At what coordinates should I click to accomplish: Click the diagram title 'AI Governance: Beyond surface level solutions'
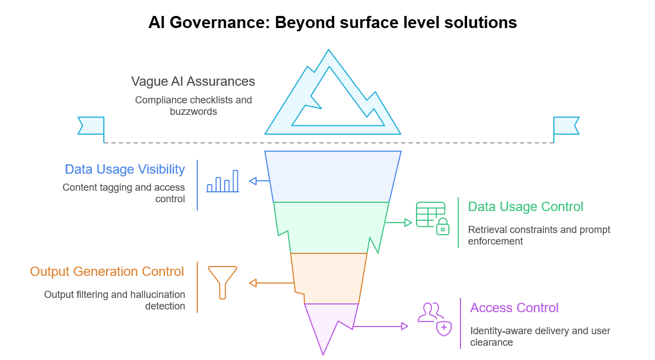(332, 23)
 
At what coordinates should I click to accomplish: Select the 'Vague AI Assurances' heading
(193, 81)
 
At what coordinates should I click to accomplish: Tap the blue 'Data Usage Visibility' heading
(125, 169)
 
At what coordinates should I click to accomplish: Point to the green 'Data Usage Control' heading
(525, 207)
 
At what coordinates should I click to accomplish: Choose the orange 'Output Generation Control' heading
(107, 272)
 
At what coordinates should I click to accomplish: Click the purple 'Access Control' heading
(514, 308)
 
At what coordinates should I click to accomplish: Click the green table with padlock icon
(432, 218)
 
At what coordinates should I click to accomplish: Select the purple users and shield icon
(435, 318)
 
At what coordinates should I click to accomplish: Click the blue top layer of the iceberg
(332, 176)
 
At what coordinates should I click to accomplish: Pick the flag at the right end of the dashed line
(566, 126)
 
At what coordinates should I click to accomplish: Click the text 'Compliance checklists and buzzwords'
(193, 106)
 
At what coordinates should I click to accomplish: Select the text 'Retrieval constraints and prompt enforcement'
(539, 235)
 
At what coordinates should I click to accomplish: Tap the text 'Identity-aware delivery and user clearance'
(540, 336)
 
